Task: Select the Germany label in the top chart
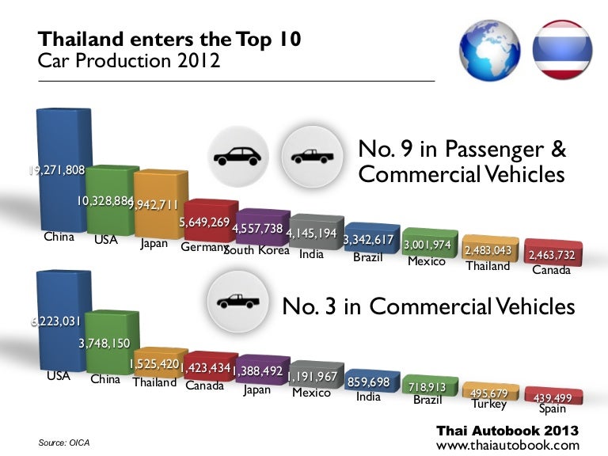(203, 247)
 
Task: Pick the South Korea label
(256, 250)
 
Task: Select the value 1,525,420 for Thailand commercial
(154, 365)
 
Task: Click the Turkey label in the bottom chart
(488, 404)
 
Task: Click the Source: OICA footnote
(64, 442)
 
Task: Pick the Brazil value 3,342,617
(373, 240)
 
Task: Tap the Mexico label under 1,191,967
(311, 392)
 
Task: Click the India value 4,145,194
(312, 234)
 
